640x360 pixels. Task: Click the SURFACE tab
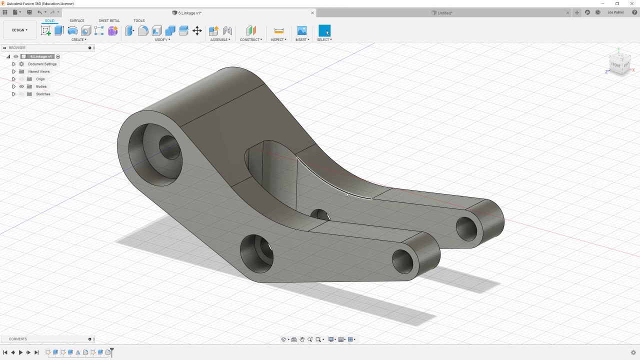[77, 21]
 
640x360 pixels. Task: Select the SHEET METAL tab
[109, 21]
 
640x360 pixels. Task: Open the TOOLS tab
[139, 21]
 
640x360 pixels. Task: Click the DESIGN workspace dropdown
[20, 30]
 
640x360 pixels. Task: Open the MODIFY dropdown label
[162, 39]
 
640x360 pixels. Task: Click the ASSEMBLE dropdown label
[220, 39]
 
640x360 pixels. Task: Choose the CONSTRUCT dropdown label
[251, 39]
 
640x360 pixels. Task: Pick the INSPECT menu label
[278, 39]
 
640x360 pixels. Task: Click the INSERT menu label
[302, 39]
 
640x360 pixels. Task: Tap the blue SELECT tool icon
[324, 31]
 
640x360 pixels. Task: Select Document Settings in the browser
[42, 64]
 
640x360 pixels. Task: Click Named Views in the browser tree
[39, 71]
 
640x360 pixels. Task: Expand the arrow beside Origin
[14, 79]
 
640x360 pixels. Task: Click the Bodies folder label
[41, 86]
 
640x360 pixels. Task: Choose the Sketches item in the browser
[43, 94]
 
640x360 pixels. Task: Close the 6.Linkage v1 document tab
[312, 13]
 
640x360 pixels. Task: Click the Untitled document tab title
[444, 13]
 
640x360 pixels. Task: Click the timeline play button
[20, 352]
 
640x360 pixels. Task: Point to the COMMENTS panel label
[18, 339]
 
